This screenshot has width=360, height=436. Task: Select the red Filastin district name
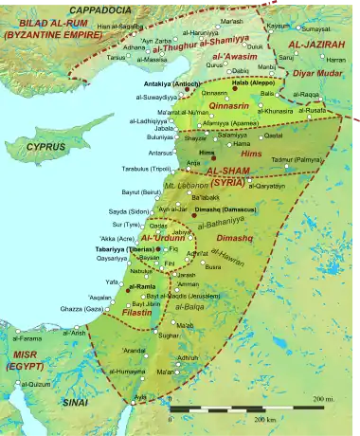pyautogui.click(x=138, y=310)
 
